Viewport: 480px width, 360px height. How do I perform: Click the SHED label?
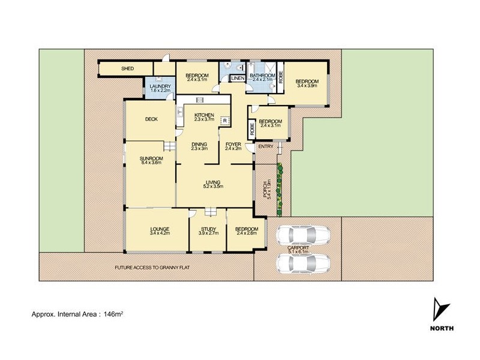tap(127, 69)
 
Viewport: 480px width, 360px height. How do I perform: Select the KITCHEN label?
tap(204, 115)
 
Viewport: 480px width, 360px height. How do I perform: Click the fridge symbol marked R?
tap(224, 121)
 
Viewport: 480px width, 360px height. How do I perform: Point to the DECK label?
tap(151, 119)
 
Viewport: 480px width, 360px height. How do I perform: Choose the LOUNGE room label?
tap(156, 229)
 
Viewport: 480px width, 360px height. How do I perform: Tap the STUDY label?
tap(208, 229)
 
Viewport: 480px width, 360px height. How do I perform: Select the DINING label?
tap(199, 144)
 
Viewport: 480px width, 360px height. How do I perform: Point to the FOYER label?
tap(233, 144)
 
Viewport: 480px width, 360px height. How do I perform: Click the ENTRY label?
tap(265, 146)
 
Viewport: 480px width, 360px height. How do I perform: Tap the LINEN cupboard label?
tap(237, 79)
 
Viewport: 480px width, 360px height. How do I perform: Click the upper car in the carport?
tap(304, 234)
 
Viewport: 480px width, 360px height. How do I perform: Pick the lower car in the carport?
tap(304, 263)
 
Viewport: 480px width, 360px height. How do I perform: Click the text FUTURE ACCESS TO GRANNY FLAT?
tap(153, 268)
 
